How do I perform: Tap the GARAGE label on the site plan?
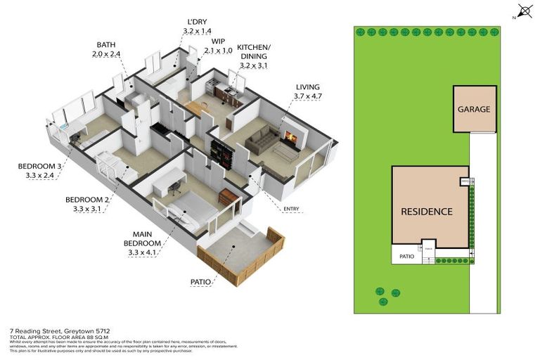point(474,109)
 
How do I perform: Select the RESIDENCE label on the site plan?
point(426,211)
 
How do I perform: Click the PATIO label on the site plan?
point(407,257)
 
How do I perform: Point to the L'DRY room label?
point(197,21)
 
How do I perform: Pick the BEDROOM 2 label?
point(88,199)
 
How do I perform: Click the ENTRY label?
point(291,209)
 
